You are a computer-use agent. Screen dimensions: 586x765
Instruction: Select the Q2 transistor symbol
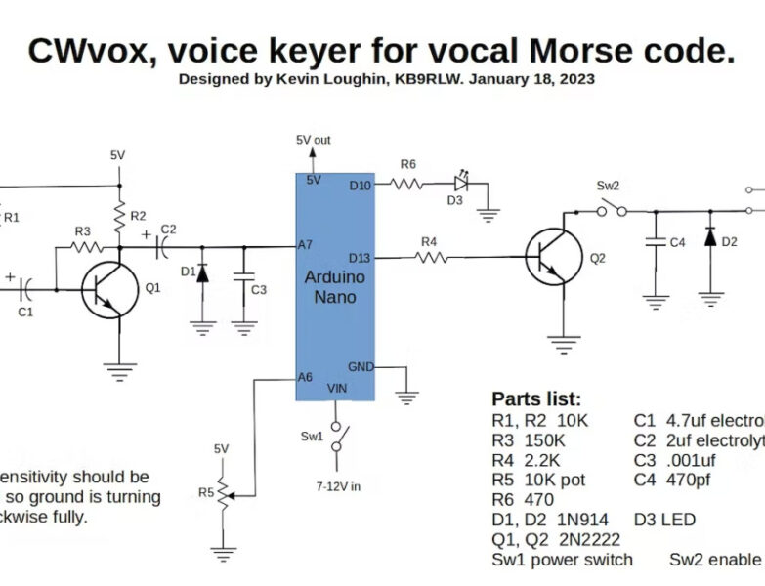pos(549,258)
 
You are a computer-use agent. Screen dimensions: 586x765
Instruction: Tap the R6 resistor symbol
pos(407,182)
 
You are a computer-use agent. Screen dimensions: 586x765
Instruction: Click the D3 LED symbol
pos(461,182)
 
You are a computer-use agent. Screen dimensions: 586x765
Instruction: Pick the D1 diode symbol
pos(202,272)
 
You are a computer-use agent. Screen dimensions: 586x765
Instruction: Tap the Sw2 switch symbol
pos(613,208)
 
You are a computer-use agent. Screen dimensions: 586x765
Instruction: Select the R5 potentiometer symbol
pos(225,495)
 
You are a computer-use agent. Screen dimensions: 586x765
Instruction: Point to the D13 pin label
pos(360,258)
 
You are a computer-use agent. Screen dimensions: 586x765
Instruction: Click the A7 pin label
pos(308,245)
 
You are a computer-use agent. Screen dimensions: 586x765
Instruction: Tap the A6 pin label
pos(308,377)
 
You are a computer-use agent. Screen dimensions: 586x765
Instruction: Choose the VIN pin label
pos(337,389)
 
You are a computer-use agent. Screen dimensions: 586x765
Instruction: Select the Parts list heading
pos(535,398)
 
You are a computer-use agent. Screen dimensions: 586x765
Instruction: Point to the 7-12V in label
pos(337,484)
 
